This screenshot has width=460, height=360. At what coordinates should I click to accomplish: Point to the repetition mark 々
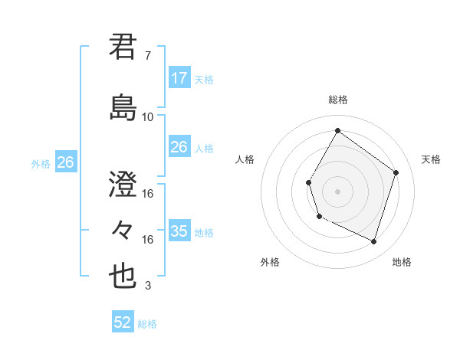[123, 229]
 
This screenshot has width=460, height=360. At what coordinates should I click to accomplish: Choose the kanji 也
[123, 275]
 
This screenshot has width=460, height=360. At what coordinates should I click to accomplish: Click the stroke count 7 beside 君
[148, 55]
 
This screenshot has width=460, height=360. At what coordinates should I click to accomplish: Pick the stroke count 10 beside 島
[148, 116]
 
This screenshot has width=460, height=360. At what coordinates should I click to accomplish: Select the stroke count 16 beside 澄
[148, 194]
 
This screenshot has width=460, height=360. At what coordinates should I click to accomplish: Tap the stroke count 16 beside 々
[148, 240]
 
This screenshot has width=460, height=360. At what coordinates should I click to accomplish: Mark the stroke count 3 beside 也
[148, 286]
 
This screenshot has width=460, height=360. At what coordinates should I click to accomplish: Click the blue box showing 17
[179, 77]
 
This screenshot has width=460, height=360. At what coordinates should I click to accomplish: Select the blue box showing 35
[179, 231]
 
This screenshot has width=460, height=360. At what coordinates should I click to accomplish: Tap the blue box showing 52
[123, 322]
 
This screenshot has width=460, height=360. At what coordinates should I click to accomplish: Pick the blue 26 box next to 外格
[65, 162]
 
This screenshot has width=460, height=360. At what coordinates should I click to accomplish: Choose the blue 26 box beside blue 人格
[179, 147]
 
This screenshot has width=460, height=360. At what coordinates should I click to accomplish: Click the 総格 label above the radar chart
[337, 100]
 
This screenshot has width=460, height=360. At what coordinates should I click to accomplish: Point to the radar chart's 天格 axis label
[431, 159]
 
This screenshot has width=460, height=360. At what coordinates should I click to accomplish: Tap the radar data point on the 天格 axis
[396, 172]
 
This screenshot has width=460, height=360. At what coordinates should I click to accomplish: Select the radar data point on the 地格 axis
[373, 241]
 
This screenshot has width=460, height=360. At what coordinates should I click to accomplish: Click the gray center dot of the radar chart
[337, 191]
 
